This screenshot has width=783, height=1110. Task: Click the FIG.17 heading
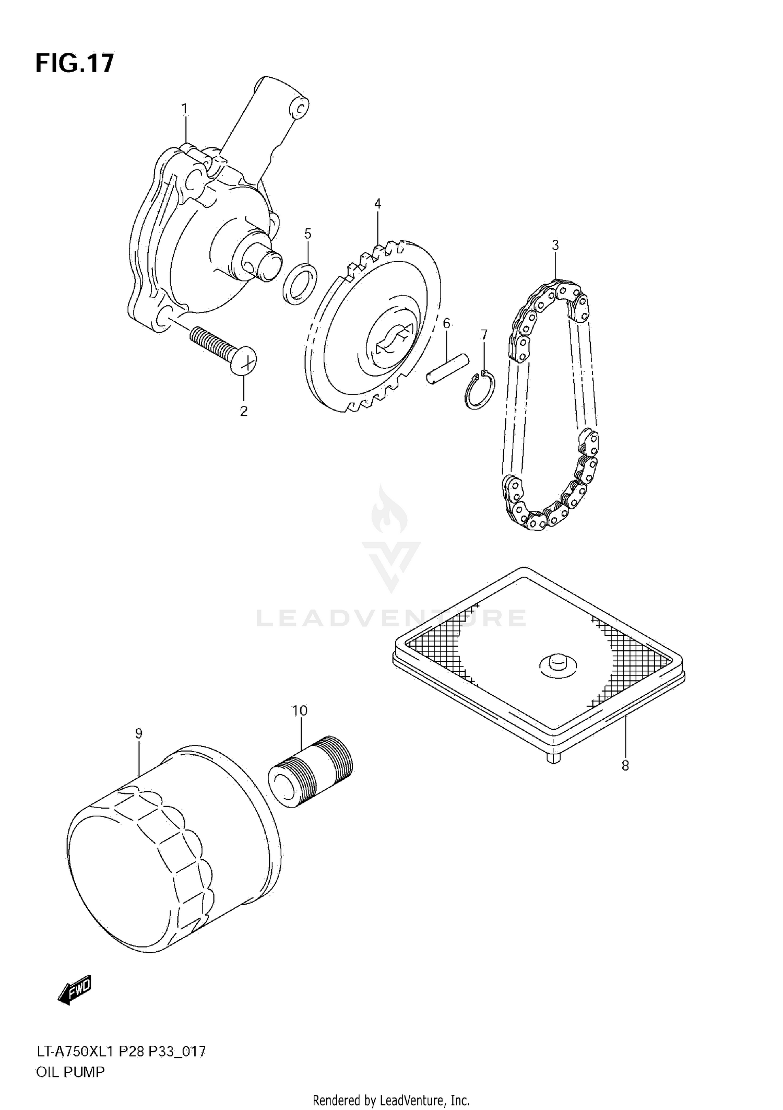coord(74,64)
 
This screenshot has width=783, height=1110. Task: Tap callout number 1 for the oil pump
coord(184,109)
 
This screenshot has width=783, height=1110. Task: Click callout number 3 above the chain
coord(555,245)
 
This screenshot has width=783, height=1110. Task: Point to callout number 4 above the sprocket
coord(377,204)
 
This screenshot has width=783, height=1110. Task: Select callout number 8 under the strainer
coord(625,766)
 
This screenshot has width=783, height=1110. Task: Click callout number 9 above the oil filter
coord(139,733)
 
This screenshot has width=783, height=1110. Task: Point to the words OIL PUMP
coord(70,1072)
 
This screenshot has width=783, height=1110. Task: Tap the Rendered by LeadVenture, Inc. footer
coord(391,1101)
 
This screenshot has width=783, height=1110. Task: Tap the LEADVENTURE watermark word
coord(391,618)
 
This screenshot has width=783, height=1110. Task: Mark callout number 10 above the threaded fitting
coord(300,710)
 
